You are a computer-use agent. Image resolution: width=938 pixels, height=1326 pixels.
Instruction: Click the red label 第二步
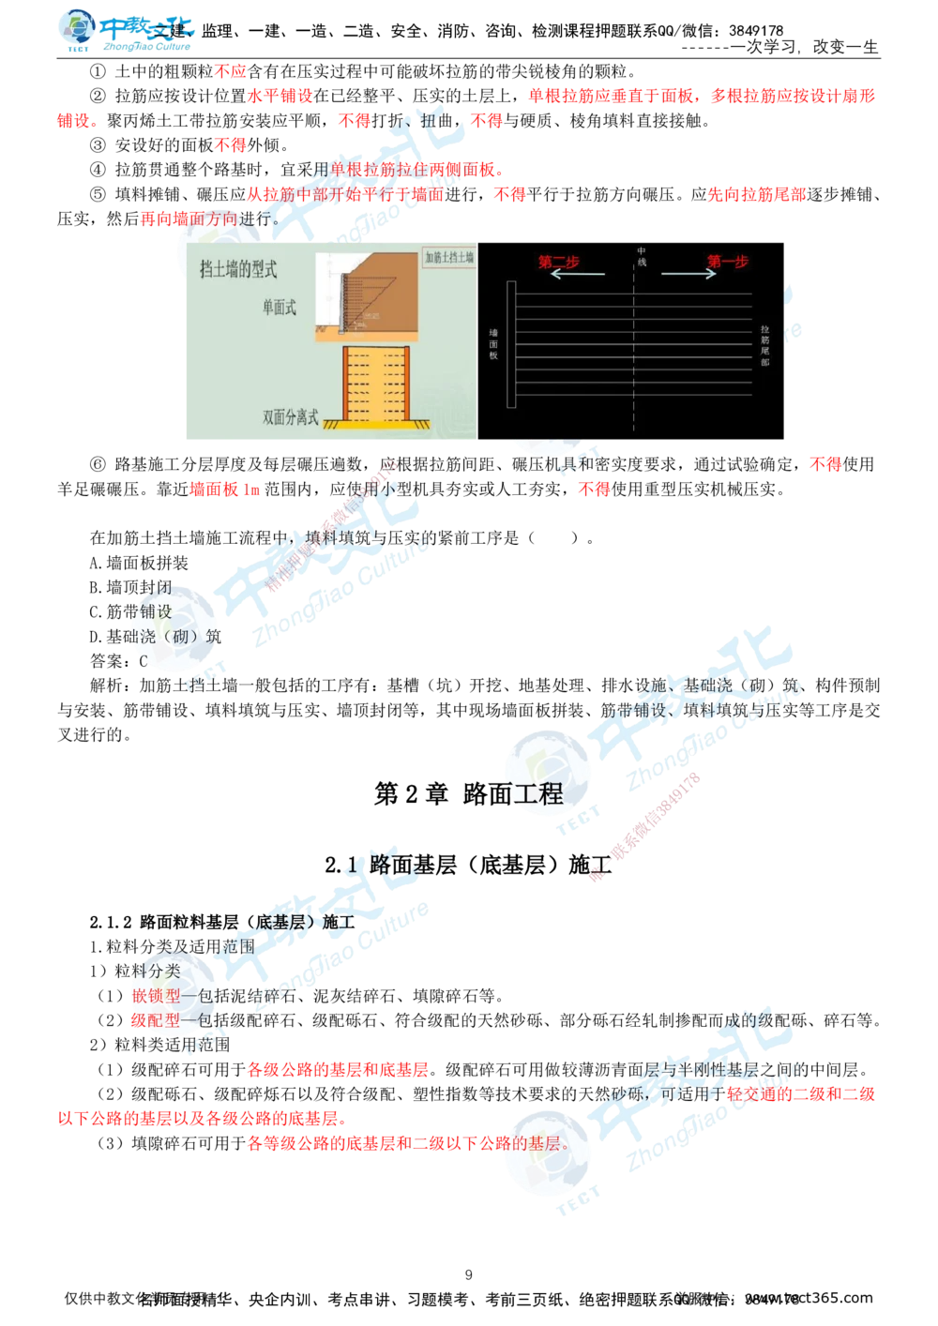[x=558, y=262]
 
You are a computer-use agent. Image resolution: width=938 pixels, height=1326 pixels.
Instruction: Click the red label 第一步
[x=728, y=262]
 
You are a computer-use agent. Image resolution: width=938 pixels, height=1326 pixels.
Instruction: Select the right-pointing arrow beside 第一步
[x=689, y=274]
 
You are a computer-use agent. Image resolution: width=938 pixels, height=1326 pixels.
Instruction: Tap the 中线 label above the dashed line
[x=643, y=256]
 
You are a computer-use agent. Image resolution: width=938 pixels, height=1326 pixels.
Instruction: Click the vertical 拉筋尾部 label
[x=765, y=342]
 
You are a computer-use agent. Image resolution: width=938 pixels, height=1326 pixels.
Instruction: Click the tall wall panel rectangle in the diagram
[x=510, y=344]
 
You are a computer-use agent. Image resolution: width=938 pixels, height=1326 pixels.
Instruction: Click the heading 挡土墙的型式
[x=239, y=270]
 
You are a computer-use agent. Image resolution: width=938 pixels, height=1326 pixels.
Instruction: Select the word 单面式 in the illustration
[x=280, y=308]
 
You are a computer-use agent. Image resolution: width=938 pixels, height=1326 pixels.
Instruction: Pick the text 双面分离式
[x=291, y=416]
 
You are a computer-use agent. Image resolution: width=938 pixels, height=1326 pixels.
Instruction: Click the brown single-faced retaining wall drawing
[x=375, y=291]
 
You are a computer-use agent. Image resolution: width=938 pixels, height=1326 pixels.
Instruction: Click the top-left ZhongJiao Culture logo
[x=127, y=30]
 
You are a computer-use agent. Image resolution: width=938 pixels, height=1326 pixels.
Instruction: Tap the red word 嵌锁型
[x=156, y=995]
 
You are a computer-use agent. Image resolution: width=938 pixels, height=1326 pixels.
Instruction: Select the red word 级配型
[x=156, y=1019]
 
